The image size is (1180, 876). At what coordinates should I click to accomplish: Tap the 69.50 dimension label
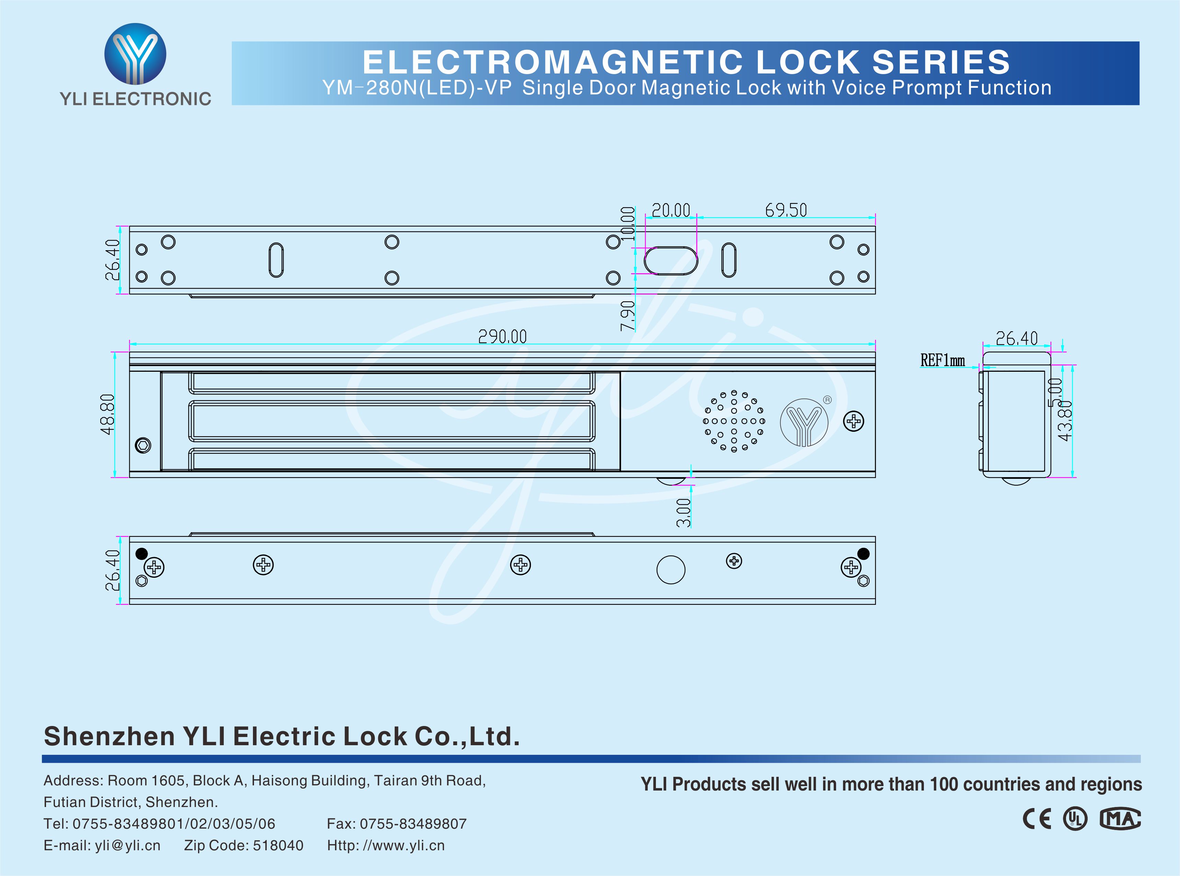click(786, 210)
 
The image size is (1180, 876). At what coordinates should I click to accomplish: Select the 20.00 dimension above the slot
click(671, 210)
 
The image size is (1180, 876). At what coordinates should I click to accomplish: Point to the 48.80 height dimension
click(108, 415)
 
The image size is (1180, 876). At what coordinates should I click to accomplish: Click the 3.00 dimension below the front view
click(684, 512)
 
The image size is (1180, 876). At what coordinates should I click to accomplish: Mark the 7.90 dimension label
click(628, 316)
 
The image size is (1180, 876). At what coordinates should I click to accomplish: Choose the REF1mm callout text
click(942, 360)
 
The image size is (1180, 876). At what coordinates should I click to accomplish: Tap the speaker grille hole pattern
click(734, 421)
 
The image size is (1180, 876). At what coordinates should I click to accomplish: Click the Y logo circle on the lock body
click(804, 422)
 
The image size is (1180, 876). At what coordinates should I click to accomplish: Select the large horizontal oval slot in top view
click(671, 260)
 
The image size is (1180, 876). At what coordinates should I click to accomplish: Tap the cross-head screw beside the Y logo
click(854, 422)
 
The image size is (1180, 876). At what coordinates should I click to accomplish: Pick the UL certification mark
click(1075, 819)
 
